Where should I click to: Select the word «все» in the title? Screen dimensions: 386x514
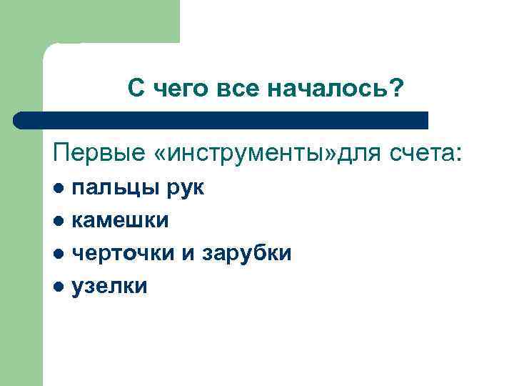(236, 89)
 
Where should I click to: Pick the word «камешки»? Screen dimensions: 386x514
(121, 221)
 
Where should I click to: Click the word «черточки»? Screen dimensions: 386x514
(126, 254)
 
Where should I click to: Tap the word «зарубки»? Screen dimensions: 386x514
(247, 254)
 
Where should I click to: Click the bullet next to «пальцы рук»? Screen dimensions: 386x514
(60, 189)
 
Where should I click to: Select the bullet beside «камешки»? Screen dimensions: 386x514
(60, 222)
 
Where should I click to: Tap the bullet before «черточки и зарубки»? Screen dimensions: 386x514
(60, 254)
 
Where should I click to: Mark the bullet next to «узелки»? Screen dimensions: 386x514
(60, 287)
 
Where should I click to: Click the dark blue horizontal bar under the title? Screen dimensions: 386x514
(221, 120)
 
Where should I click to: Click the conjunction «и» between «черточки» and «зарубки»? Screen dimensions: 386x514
(192, 254)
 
